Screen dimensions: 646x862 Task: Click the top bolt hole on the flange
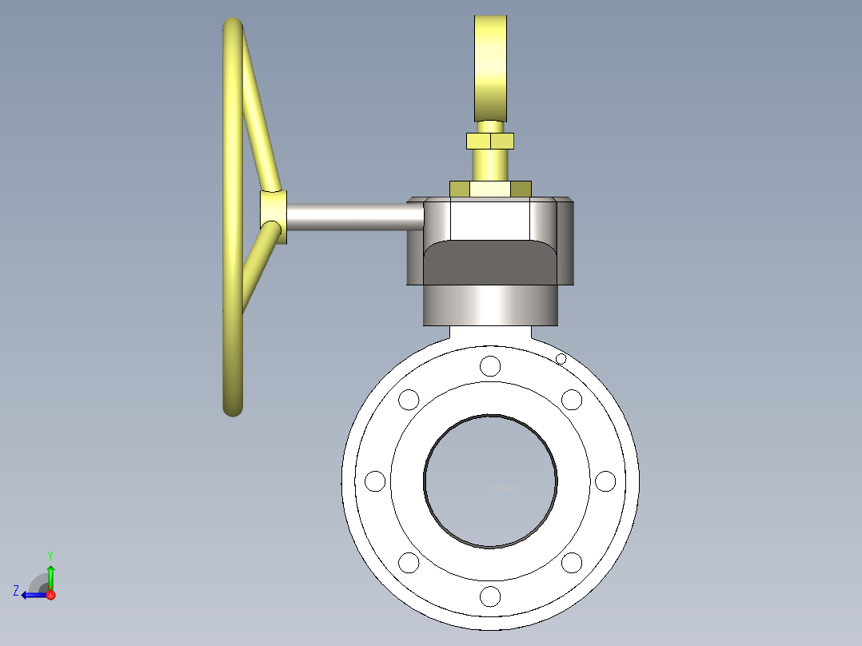490,366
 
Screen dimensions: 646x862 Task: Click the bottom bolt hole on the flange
490,596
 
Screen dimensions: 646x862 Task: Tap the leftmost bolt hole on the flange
375,481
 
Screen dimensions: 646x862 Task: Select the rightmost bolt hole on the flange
605,481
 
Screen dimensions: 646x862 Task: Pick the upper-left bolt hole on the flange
409,399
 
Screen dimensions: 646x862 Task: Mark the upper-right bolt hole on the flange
572,399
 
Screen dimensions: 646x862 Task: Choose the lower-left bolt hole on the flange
409,563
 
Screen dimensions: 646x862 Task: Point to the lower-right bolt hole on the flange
572,563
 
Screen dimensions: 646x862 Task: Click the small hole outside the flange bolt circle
561,359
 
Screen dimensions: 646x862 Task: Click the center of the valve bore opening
490,481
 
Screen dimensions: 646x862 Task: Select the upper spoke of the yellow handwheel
260,120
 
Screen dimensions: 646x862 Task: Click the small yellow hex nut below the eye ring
489,142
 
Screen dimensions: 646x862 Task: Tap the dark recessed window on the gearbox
489,262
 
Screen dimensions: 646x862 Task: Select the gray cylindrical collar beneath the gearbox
489,305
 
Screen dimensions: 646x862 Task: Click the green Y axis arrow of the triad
50,572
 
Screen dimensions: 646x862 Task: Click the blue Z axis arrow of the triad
29,595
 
